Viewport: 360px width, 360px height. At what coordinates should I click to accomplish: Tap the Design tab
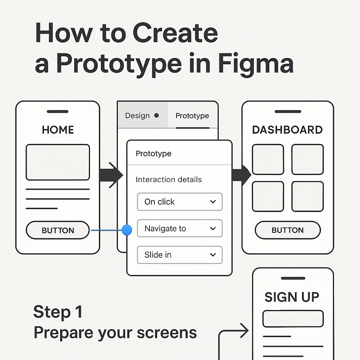coord(137,116)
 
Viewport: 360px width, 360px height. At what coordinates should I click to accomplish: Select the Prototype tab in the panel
coord(192,116)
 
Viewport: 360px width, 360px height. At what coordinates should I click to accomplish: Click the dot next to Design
coord(156,115)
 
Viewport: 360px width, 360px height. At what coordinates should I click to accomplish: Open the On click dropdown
coord(180,202)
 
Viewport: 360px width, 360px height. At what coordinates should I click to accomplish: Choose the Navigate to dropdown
coord(180,229)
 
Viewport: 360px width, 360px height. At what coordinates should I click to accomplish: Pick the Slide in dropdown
coord(180,255)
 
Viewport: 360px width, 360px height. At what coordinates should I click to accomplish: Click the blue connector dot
coord(127,230)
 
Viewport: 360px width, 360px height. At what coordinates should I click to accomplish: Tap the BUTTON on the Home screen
coord(58,230)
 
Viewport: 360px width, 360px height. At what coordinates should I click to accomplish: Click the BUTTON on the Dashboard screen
coord(288,230)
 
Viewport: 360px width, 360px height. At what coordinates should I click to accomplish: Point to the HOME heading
coord(58,130)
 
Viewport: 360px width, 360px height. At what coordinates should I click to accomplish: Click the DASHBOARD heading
coord(287,130)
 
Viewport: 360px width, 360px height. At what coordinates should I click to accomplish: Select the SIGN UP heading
coord(292,297)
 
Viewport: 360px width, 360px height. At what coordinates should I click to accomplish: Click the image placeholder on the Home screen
coord(58,162)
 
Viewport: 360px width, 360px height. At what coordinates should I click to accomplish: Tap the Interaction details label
coord(169,180)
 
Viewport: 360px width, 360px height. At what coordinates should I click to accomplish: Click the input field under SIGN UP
coord(293,319)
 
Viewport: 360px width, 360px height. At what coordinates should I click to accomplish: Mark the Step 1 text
coord(58,312)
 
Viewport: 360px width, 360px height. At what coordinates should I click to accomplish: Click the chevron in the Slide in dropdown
coord(213,255)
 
